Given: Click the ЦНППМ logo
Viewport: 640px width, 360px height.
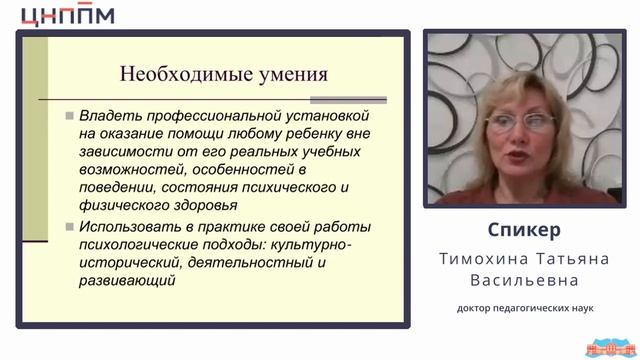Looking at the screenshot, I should [67, 16].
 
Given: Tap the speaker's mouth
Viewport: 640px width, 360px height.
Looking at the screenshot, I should [519, 156].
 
